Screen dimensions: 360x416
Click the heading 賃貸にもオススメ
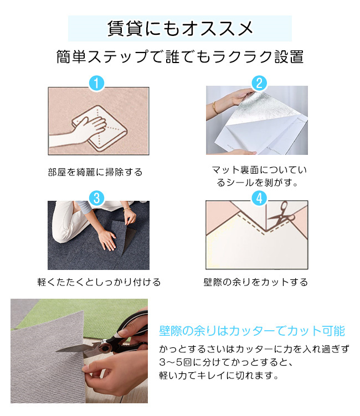tap(180, 28)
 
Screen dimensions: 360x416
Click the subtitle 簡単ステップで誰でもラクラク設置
tap(180, 56)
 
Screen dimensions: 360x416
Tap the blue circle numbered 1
tap(96, 83)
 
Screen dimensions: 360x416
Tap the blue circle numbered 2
tap(259, 83)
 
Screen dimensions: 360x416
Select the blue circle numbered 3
tap(96, 198)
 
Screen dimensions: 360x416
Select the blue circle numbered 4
tap(259, 198)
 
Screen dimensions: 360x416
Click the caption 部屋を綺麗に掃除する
tap(95, 172)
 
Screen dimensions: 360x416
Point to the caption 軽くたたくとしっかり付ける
tap(99, 282)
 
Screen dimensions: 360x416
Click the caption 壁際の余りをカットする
tap(255, 282)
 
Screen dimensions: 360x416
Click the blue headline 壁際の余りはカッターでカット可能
tap(252, 331)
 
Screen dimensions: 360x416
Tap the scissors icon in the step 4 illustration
tap(281, 214)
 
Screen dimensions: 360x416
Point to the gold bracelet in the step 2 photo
tap(214, 108)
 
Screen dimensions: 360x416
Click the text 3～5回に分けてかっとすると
tap(226, 362)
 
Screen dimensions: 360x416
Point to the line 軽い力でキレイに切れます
tap(219, 376)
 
